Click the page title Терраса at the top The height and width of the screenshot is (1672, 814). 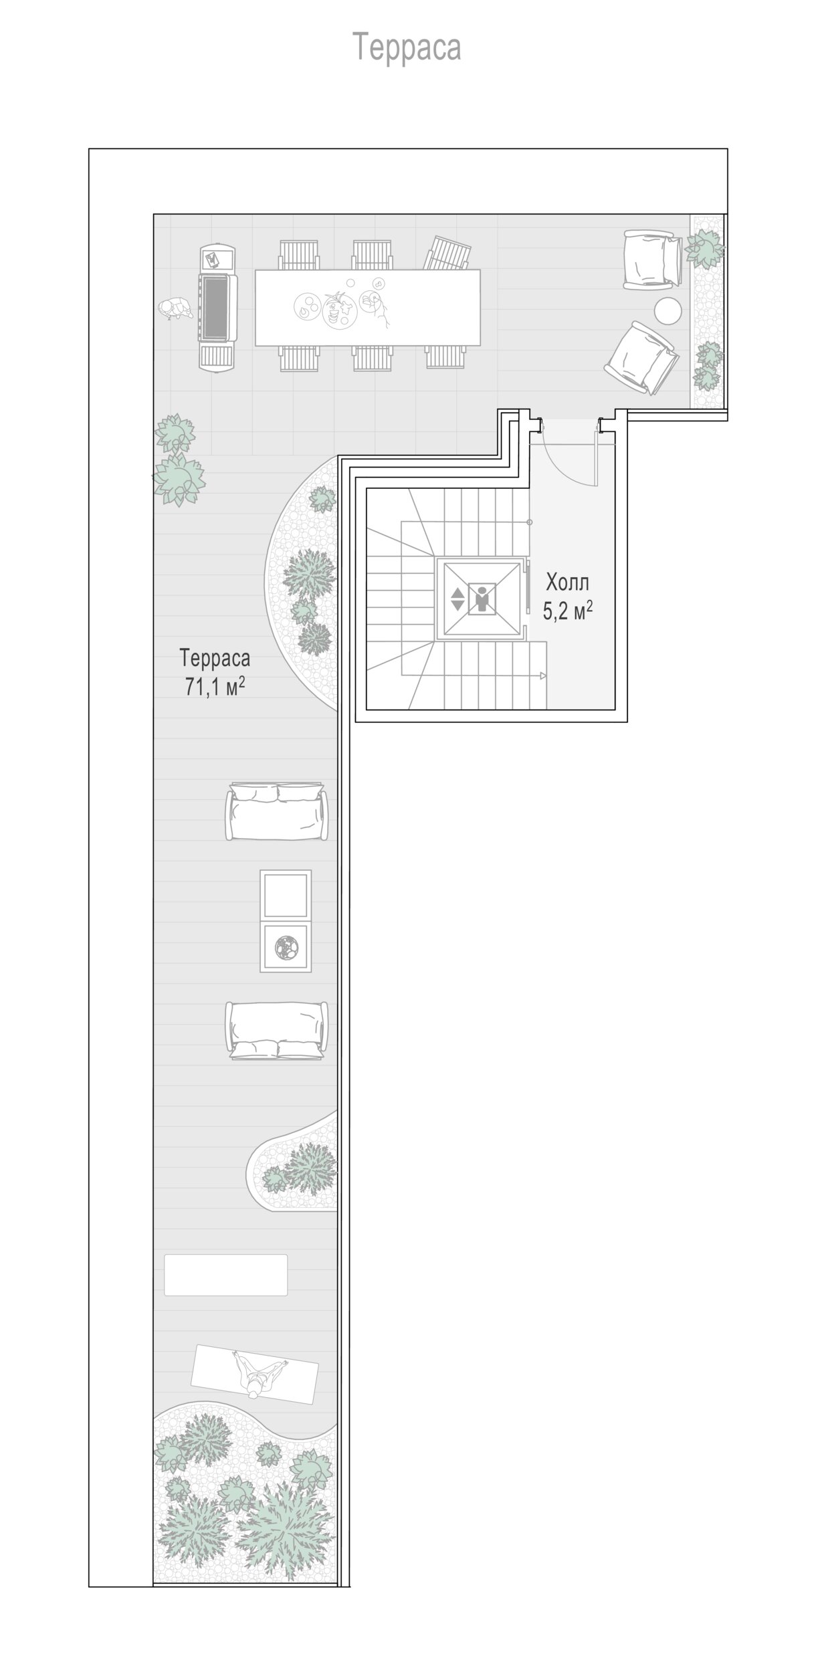[x=407, y=47]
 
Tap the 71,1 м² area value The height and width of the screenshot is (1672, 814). [x=215, y=686]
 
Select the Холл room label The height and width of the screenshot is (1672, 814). [x=567, y=583]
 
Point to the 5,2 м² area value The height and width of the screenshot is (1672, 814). [x=568, y=611]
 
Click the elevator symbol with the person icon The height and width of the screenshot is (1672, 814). [x=478, y=599]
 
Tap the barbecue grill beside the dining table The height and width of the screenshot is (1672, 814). [x=217, y=308]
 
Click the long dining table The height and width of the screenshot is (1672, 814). [x=367, y=308]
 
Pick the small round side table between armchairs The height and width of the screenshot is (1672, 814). [x=668, y=311]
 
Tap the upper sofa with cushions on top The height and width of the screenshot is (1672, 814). [x=277, y=811]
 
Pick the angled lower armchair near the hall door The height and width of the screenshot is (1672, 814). [x=641, y=357]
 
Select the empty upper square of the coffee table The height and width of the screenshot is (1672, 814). [x=286, y=896]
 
